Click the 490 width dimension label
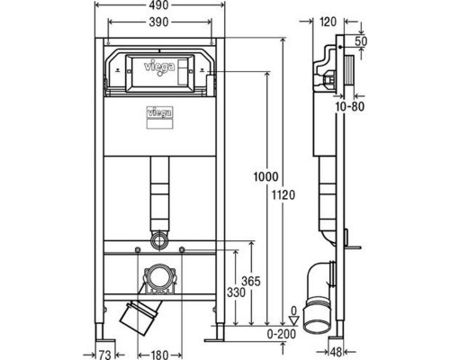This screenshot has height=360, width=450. click(159, 5)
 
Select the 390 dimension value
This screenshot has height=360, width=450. click(159, 22)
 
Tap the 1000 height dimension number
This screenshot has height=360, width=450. click(265, 176)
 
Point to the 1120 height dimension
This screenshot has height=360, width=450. click(283, 195)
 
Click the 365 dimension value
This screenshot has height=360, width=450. click(251, 281)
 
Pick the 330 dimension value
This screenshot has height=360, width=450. click(236, 292)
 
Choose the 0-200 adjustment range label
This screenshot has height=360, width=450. click(282, 334)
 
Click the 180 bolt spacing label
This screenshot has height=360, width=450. click(159, 355)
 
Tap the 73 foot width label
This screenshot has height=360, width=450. click(105, 355)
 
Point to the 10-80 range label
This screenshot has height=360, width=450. click(350, 106)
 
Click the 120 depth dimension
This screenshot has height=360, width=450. click(328, 22)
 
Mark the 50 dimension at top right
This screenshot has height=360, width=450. click(361, 41)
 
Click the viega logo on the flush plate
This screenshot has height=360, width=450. click(159, 67)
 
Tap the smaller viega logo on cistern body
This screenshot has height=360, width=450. click(159, 112)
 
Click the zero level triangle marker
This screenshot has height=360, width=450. click(294, 319)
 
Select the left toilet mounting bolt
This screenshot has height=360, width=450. click(138, 249)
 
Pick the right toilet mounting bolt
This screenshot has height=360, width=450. click(182, 249)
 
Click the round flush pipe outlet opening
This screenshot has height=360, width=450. click(159, 239)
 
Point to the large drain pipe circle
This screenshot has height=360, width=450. click(159, 276)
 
